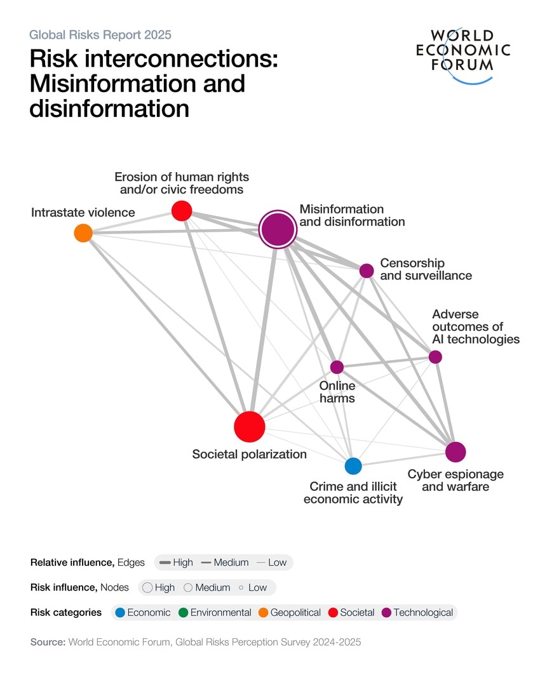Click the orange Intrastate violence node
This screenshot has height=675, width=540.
[83, 233]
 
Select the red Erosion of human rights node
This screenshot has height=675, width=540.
[182, 210]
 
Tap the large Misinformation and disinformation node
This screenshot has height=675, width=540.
[278, 230]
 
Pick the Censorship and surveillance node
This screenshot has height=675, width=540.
[367, 271]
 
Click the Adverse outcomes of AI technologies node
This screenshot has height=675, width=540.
[435, 357]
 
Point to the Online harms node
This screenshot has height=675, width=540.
[337, 367]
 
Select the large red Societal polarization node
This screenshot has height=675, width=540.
[249, 426]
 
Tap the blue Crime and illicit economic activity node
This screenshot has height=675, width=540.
[353, 466]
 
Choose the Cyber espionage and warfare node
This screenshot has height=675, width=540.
[456, 452]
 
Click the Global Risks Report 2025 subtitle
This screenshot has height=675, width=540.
[100, 35]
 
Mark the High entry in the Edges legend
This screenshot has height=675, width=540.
[176, 563]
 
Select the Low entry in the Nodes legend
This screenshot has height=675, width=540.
[253, 587]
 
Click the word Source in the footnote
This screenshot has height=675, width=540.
[48, 642]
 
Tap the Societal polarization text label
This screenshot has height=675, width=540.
[249, 454]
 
